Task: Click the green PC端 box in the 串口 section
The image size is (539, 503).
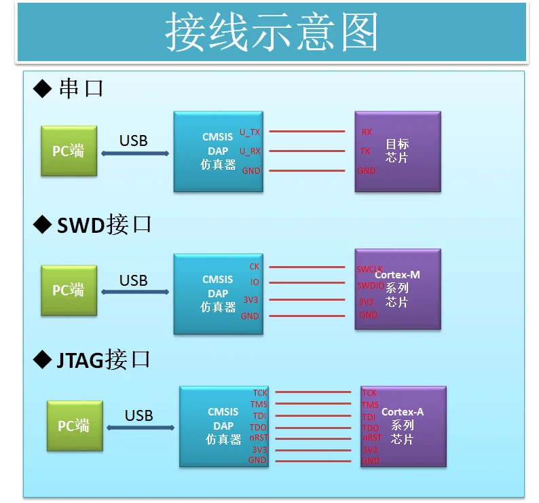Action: [69, 151]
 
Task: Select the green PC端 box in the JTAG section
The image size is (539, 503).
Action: [74, 426]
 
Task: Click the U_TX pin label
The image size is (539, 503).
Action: [250, 132]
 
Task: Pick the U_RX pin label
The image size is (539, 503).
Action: [250, 151]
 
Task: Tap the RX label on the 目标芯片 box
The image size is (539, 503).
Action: [367, 132]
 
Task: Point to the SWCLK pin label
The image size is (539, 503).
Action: [370, 269]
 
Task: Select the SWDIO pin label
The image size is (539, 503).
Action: [371, 286]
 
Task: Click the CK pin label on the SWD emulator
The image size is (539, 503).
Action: [255, 267]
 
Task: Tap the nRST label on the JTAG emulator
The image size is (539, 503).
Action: [258, 438]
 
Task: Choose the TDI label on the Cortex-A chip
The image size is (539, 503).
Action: [369, 417]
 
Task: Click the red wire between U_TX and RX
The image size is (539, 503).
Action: [308, 132]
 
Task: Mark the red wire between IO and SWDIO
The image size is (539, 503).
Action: [308, 283]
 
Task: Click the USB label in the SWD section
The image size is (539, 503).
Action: [133, 280]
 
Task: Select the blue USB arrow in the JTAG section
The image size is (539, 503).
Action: [141, 428]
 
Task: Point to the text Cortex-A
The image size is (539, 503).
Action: [403, 412]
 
